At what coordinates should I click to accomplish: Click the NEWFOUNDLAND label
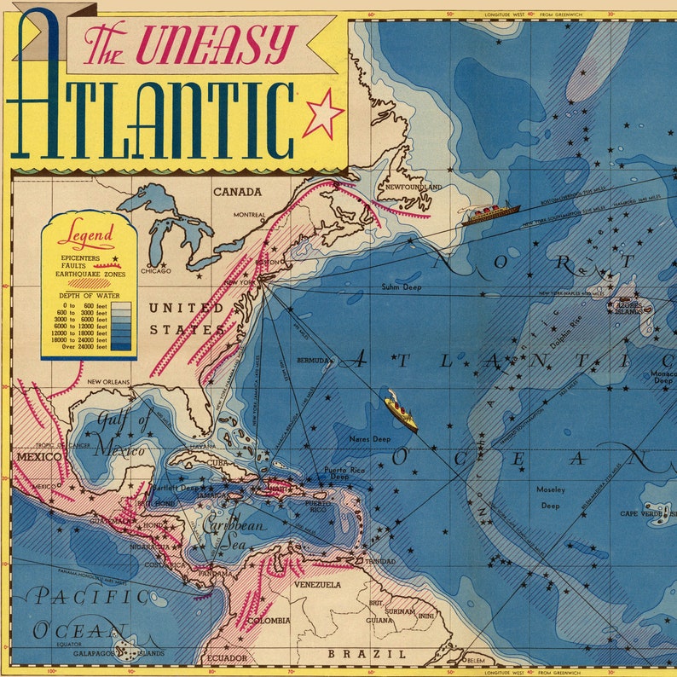414,186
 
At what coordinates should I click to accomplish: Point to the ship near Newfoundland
491,213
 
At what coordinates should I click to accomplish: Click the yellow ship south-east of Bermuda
401,411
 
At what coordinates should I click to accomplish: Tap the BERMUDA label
313,361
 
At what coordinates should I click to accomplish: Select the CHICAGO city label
156,271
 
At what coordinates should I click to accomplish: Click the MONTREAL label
249,215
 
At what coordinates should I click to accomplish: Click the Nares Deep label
370,438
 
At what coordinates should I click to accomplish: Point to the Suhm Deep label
401,287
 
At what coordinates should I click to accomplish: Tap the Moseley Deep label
550,497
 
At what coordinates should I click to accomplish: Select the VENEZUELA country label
317,585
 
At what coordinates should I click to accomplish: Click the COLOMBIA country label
269,621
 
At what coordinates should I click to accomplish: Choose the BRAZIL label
351,653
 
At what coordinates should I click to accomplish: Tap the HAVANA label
203,445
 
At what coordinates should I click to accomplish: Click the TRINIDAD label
380,562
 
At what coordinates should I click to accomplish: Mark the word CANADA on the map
237,192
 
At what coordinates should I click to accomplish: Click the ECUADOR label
227,658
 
